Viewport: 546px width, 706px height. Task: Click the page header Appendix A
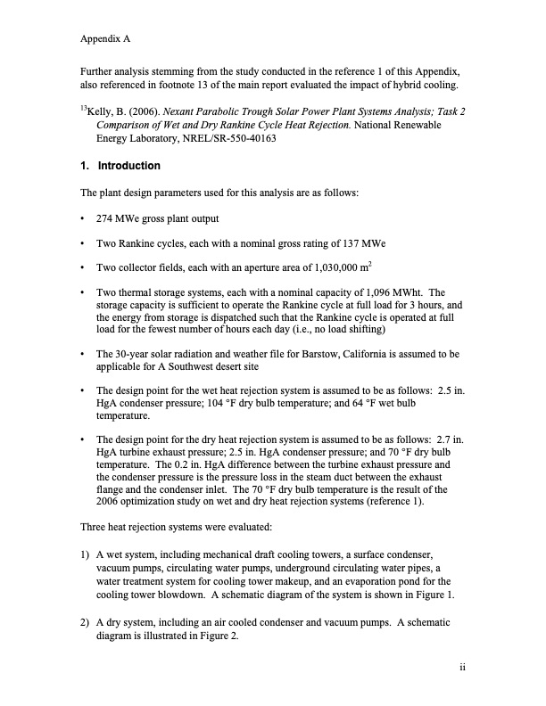(106, 39)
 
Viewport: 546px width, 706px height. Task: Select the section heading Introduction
(128, 166)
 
